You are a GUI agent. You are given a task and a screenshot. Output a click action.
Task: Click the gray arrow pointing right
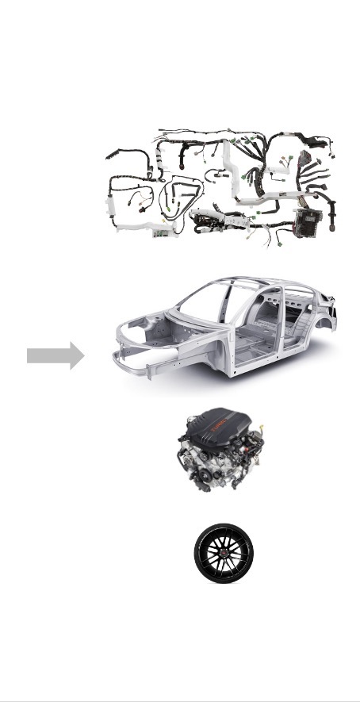click(x=55, y=355)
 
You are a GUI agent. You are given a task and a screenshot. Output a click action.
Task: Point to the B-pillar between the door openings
click(x=278, y=317)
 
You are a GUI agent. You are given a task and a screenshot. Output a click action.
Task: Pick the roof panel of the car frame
click(x=262, y=283)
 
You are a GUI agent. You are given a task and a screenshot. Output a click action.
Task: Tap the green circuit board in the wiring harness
click(x=163, y=232)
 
